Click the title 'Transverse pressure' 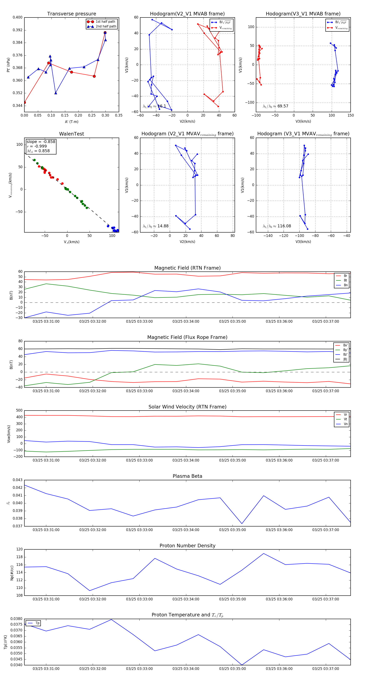point(71,14)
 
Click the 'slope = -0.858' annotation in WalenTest point(41,142)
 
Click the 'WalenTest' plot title point(71,134)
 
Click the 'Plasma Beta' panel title point(187,476)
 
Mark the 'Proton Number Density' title point(187,545)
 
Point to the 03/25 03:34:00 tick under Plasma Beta point(186,530)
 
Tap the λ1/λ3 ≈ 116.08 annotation point(277,226)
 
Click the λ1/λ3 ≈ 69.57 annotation point(275,106)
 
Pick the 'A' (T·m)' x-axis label point(71,122)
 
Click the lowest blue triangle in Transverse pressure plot point(55,93)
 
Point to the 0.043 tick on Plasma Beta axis point(18,480)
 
